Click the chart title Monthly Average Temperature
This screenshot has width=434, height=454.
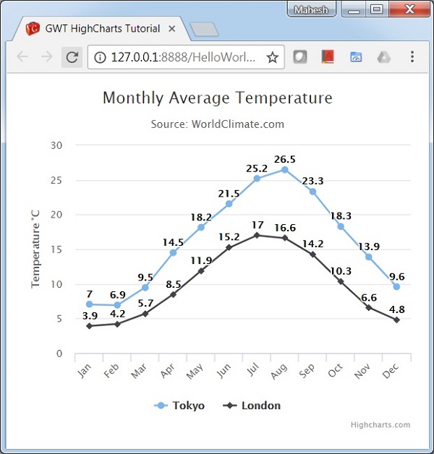pos(217,98)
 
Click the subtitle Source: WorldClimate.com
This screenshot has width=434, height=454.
pos(217,124)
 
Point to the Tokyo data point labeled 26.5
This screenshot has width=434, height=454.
pos(285,170)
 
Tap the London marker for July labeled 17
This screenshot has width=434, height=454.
pos(257,235)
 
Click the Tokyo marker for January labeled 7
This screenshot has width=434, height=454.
pos(89,304)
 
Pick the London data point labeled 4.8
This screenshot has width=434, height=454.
pos(396,320)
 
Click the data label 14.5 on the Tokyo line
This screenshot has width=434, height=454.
pos(173,242)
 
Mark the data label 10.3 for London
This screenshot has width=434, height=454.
pos(341,271)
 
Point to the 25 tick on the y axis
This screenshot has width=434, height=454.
pos(57,180)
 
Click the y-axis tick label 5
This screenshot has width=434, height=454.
pos(60,319)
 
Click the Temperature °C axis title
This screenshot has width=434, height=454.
pos(35,249)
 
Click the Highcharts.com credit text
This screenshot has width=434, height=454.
pos(380,425)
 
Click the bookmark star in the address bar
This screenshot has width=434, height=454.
pos(273,57)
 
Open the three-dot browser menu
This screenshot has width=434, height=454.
pos(412,57)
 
